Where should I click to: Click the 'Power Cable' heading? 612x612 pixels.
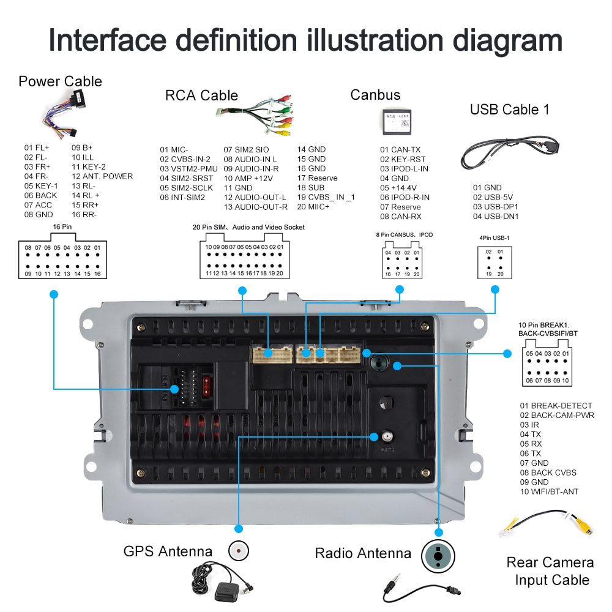click(60, 81)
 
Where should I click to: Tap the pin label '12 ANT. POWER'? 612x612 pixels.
click(102, 176)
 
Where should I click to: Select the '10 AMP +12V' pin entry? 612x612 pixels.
click(248, 178)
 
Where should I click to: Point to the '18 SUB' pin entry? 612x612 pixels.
click(311, 187)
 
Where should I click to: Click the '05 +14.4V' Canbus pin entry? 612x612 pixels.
click(398, 187)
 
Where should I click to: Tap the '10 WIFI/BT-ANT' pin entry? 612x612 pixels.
click(549, 491)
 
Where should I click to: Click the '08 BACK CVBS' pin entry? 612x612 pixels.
click(548, 472)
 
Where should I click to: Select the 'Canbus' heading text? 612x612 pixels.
click(375, 95)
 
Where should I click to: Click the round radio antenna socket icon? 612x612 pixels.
click(438, 556)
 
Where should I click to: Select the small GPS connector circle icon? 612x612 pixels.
click(238, 551)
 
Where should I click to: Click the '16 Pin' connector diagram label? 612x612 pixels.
click(62, 226)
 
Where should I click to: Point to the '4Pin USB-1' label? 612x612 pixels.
click(493, 238)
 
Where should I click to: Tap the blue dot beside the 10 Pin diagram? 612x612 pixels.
click(507, 354)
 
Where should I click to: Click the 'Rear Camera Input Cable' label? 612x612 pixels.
click(550, 571)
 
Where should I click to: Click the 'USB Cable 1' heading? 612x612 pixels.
click(509, 110)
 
